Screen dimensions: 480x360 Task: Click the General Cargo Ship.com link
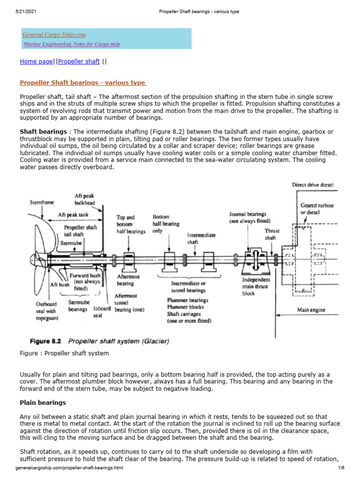[x=54, y=35]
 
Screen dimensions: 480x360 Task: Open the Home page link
[x=36, y=61]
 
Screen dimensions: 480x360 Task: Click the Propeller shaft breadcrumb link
[x=79, y=61]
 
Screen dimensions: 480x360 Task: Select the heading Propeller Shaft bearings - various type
[x=82, y=83]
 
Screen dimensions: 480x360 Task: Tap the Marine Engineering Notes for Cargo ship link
[x=72, y=44]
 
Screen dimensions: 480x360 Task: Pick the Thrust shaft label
[x=272, y=234]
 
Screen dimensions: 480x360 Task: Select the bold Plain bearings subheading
[x=43, y=403]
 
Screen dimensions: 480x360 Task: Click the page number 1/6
[x=340, y=468]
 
